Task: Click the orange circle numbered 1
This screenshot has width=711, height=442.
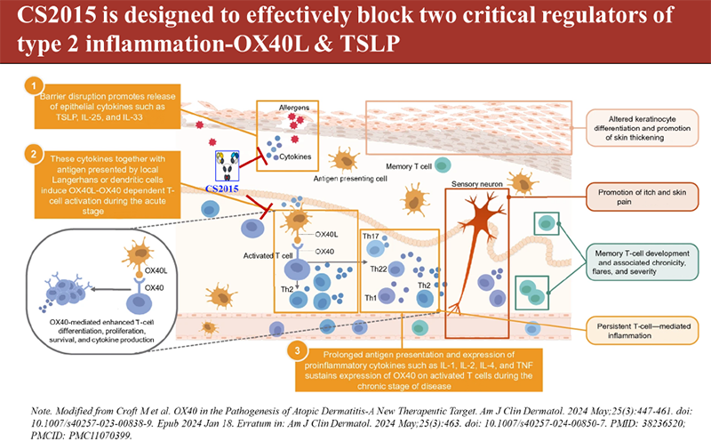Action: coord(33,85)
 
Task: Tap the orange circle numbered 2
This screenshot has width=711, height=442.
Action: coord(33,153)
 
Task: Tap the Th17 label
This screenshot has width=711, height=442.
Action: coord(371,237)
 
